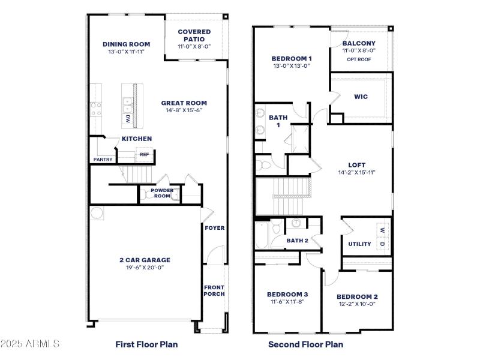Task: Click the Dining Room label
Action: click(x=126, y=44)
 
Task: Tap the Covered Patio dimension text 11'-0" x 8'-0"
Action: click(x=194, y=46)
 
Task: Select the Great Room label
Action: click(x=184, y=103)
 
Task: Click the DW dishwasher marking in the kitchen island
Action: click(x=127, y=119)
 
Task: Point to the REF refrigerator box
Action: click(x=144, y=154)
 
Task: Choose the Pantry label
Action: click(x=103, y=160)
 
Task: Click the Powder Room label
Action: click(x=162, y=193)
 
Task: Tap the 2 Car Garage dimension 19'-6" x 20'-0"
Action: click(x=145, y=267)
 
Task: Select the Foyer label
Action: click(x=214, y=228)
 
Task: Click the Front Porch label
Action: click(x=214, y=290)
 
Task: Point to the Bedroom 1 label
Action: click(x=292, y=58)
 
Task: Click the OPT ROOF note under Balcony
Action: click(x=359, y=59)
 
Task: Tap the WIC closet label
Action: click(x=361, y=97)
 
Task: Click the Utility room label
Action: click(x=359, y=244)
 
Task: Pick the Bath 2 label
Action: click(x=297, y=241)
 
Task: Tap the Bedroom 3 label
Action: click(x=287, y=294)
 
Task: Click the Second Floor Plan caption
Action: click(x=305, y=344)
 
